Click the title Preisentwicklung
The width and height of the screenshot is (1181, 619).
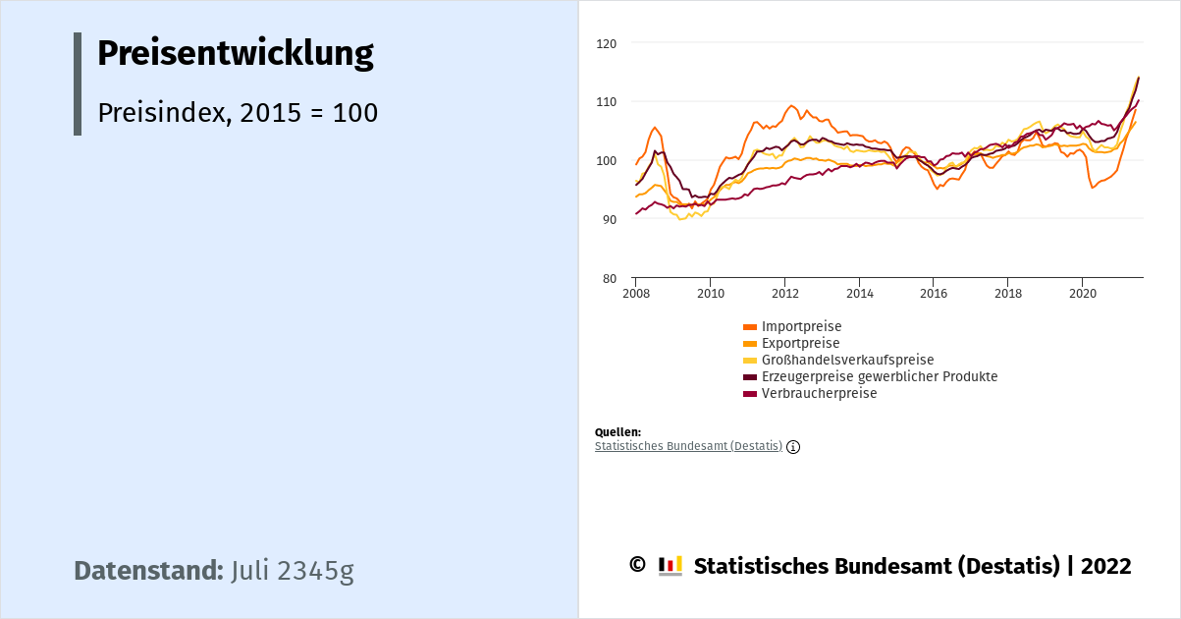[235, 53]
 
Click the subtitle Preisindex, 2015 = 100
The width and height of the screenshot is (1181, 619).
[238, 113]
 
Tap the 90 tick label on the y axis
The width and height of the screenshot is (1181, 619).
[609, 220]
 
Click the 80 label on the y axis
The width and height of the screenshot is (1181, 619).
[609, 279]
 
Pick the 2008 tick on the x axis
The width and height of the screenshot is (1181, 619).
[635, 294]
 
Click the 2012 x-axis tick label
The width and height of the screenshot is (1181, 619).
[784, 294]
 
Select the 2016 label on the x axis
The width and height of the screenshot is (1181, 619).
[933, 294]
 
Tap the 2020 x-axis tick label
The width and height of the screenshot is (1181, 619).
[1082, 294]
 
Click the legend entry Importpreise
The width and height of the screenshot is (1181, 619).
[801, 326]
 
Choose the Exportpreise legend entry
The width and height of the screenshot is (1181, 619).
[800, 343]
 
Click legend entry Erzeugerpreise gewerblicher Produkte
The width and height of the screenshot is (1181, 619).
[879, 376]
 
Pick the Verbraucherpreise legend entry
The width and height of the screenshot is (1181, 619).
[819, 393]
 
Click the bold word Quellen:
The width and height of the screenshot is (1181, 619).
[617, 432]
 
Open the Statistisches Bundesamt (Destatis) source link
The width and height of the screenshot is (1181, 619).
[688, 446]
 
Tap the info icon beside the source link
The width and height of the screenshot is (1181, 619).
[793, 447]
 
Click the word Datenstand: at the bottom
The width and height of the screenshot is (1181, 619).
[148, 571]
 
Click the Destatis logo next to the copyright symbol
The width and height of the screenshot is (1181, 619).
[671, 566]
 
